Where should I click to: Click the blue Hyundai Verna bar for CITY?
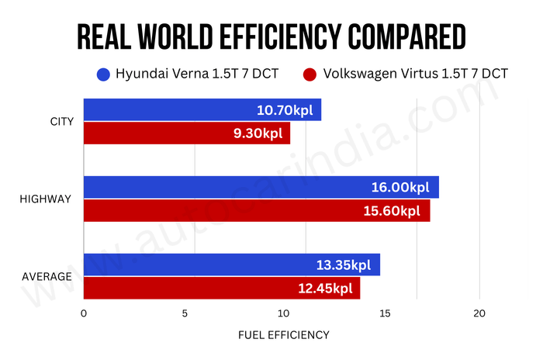coord(202,110)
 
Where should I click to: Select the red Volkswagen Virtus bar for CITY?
coord(186,133)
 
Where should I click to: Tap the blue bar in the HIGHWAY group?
coord(261,187)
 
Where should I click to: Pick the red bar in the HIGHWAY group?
coord(256,210)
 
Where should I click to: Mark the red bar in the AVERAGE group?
coord(221,288)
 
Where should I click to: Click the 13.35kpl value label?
coord(343,265)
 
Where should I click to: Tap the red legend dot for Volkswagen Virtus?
coord(310,74)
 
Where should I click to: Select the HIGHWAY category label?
coord(45,199)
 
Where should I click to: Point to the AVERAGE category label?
coord(47,276)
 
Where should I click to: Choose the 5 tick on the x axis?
coord(185,313)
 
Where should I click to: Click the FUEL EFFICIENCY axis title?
coord(283,335)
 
